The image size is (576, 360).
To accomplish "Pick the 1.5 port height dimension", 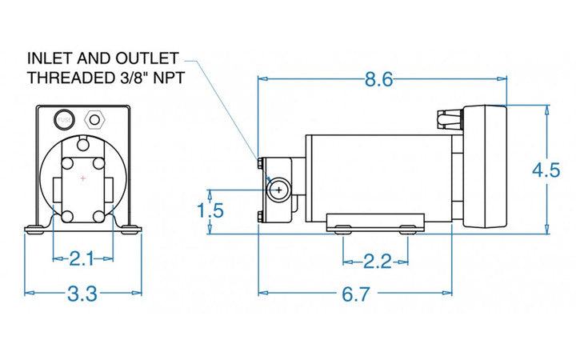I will pyautogui.click(x=210, y=210).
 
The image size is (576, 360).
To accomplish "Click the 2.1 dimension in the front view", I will pyautogui.click(x=82, y=258).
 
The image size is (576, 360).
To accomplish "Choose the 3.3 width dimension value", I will pyautogui.click(x=82, y=294).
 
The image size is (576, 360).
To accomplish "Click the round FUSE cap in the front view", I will pyautogui.click(x=62, y=121).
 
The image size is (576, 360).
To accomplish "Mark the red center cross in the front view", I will pyautogui.click(x=82, y=178).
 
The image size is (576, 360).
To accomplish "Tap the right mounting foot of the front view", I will pyautogui.click(x=129, y=230).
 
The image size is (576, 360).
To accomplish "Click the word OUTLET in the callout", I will pyautogui.click(x=146, y=59).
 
